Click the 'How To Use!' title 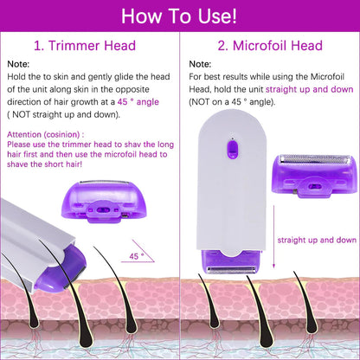tap(180, 16)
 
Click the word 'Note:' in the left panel tap(18, 64)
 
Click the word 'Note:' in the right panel tap(200, 64)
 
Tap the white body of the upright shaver tap(228, 199)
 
